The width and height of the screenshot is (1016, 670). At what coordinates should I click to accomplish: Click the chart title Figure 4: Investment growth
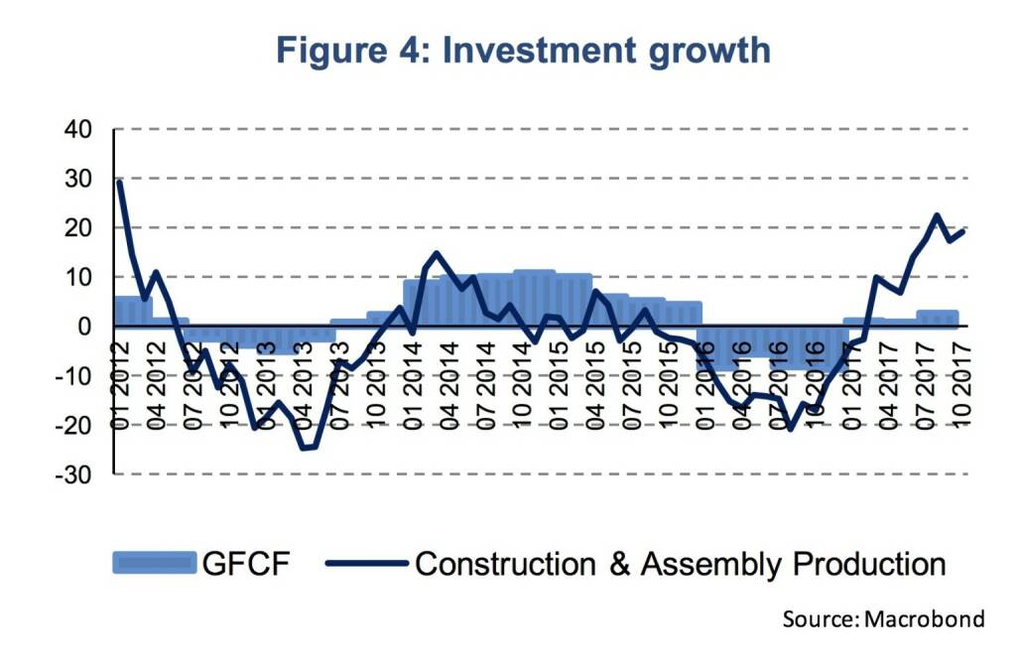pos(523,51)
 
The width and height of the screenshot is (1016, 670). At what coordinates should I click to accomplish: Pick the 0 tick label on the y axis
pos(84,327)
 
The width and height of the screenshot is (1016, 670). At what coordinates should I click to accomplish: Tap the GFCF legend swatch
pos(154,564)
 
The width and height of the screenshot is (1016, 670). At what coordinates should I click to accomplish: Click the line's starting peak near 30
pos(119,182)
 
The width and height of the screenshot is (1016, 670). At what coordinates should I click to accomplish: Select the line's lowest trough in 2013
pos(304,448)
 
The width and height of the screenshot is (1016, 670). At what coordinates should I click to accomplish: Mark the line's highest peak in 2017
pos(937,215)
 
